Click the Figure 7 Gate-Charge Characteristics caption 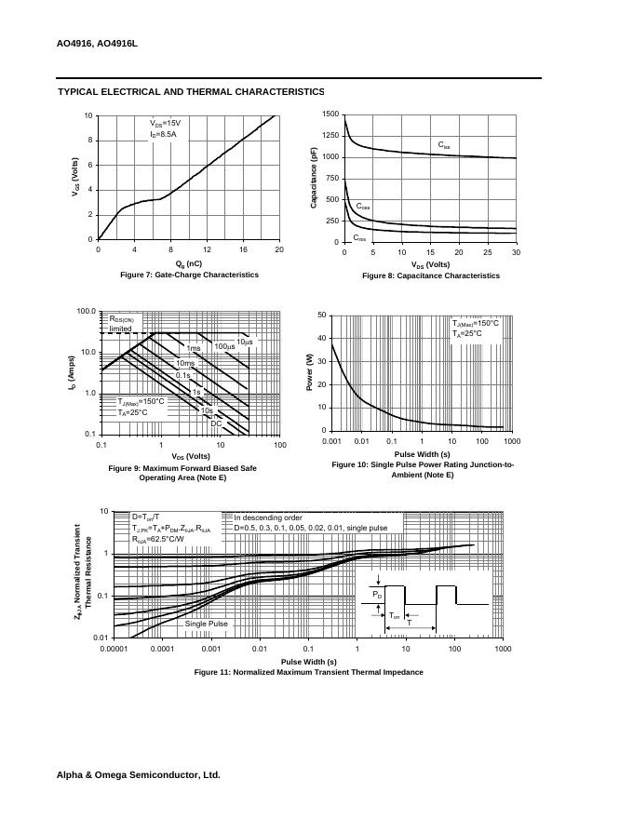[189, 275]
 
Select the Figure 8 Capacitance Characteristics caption [431, 275]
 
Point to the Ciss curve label [444, 145]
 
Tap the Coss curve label [363, 206]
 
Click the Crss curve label [359, 238]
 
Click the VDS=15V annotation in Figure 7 [165, 123]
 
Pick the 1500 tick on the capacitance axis [330, 114]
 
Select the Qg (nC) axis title [188, 263]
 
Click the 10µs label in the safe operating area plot [244, 342]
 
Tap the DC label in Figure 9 [215, 423]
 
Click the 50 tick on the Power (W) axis [321, 315]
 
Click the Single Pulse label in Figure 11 [206, 624]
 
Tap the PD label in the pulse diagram [376, 593]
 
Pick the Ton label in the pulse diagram [395, 616]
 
